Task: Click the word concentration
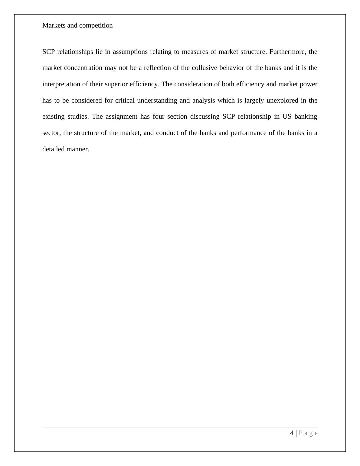(x=83, y=68)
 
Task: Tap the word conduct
(x=167, y=133)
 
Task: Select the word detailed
(x=54, y=149)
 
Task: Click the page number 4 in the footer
(x=292, y=433)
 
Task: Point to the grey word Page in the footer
(x=308, y=433)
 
